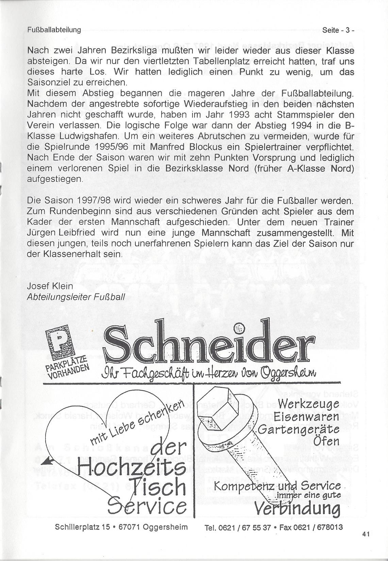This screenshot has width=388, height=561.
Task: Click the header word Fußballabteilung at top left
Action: pos(54,30)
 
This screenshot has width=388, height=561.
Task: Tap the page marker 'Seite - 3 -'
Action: pos(338,30)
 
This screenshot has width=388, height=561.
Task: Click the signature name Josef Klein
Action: pos(50,286)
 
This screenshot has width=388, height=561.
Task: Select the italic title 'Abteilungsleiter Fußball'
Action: pos(75,297)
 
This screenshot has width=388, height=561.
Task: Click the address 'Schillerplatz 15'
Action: pos(82,527)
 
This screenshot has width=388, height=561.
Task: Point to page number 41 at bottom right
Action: pos(366,534)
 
